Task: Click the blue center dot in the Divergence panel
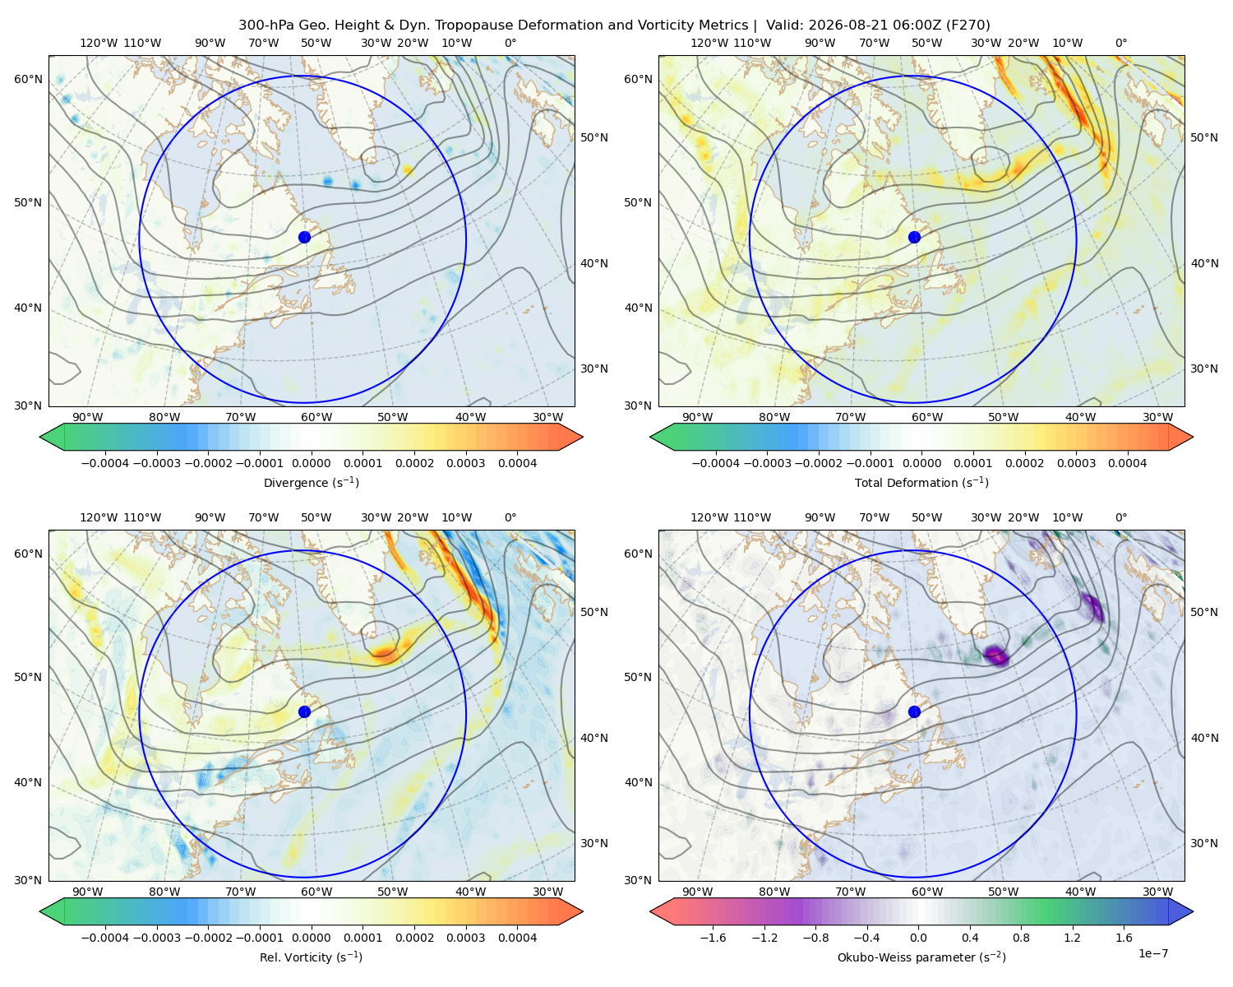click(x=304, y=237)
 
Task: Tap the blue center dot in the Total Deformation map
click(x=914, y=237)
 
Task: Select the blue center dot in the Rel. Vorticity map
click(x=304, y=711)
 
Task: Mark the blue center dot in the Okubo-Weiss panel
click(x=914, y=711)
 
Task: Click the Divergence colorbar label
click(x=311, y=482)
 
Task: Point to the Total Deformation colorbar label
click(x=921, y=482)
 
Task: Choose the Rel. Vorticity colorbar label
click(x=311, y=957)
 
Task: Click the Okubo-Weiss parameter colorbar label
click(x=921, y=957)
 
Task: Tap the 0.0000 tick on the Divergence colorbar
click(x=311, y=463)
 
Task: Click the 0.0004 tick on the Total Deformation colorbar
click(x=1127, y=463)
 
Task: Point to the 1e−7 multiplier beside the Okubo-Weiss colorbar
click(x=1152, y=952)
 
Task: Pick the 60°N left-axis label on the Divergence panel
click(x=28, y=79)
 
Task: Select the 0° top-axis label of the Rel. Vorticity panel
click(x=510, y=517)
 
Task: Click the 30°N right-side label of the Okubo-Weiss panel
click(x=1204, y=842)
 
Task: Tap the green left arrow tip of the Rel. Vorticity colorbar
click(x=41, y=911)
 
